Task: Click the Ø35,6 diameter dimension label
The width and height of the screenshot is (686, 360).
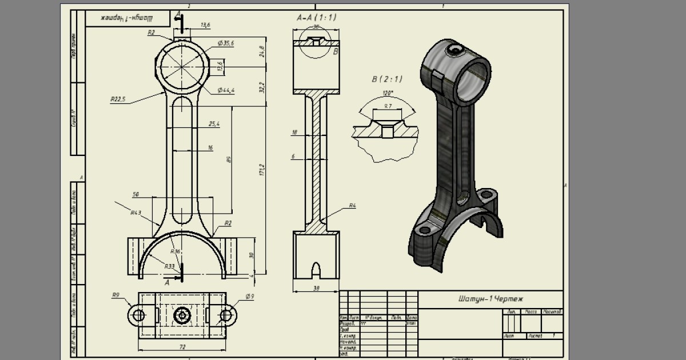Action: click(226, 43)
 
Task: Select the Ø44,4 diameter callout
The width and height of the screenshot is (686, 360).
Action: click(226, 91)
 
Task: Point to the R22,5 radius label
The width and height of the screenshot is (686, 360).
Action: click(118, 99)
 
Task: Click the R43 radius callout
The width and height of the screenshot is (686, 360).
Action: click(135, 213)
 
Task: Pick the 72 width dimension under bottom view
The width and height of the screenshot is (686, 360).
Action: click(182, 347)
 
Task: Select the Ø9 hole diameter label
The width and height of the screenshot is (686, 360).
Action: click(249, 296)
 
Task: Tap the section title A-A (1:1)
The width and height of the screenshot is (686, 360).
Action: click(316, 18)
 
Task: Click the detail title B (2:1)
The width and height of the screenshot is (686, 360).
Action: click(386, 79)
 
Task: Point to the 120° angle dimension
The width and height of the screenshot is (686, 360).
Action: click(388, 93)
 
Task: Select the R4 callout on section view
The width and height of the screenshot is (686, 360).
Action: click(353, 205)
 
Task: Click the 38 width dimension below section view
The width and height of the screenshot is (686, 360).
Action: click(316, 289)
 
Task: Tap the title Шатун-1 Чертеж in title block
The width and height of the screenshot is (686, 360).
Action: click(490, 299)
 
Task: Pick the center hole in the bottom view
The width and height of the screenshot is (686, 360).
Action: click(183, 315)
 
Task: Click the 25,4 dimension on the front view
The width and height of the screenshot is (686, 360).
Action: click(214, 123)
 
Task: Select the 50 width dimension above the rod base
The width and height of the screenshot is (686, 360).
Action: click(135, 195)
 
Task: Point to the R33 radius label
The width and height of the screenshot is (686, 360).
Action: click(170, 266)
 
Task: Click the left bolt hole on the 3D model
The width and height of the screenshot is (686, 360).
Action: click(424, 230)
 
